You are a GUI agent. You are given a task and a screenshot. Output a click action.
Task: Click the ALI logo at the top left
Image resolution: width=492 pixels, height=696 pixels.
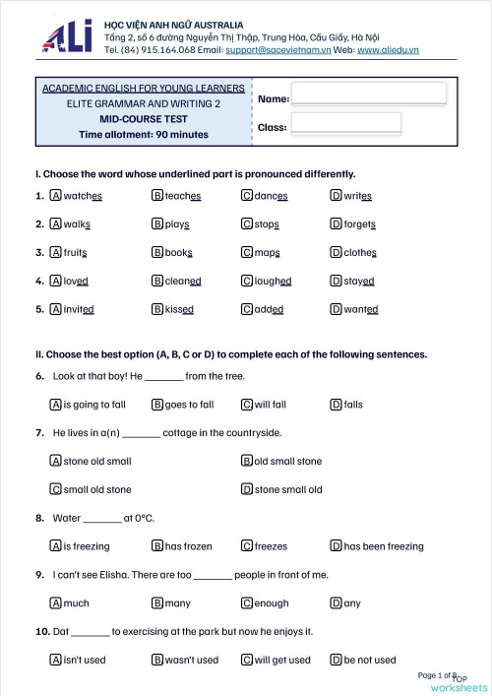67,35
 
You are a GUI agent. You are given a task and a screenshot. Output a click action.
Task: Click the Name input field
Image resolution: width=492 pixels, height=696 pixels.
368,94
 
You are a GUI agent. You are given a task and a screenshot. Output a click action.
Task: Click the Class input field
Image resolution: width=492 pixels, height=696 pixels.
345,123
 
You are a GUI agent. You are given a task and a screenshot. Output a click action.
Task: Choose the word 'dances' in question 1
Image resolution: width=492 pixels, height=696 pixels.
270,196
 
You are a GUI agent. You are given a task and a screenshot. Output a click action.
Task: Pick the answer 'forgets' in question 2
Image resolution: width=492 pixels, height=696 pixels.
359,224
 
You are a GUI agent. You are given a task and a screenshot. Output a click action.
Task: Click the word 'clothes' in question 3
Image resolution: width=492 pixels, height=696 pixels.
359,252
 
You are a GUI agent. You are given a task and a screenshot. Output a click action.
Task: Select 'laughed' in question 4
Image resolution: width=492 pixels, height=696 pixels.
272,281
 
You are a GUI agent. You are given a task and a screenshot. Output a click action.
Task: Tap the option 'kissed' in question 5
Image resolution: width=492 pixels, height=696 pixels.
179,309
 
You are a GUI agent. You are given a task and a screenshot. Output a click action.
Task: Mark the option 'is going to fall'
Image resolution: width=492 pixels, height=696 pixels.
93,404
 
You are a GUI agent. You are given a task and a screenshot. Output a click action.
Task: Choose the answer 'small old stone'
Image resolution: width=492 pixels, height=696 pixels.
96,489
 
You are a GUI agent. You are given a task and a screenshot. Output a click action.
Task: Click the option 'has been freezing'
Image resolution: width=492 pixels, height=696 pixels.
383,546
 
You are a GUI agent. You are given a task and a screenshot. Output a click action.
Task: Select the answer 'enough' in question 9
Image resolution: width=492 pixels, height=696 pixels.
271,602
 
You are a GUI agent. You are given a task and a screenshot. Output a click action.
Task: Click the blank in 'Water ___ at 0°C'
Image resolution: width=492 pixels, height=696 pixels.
102,518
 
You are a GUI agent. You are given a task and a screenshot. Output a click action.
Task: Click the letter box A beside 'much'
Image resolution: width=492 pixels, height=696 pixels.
55,602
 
